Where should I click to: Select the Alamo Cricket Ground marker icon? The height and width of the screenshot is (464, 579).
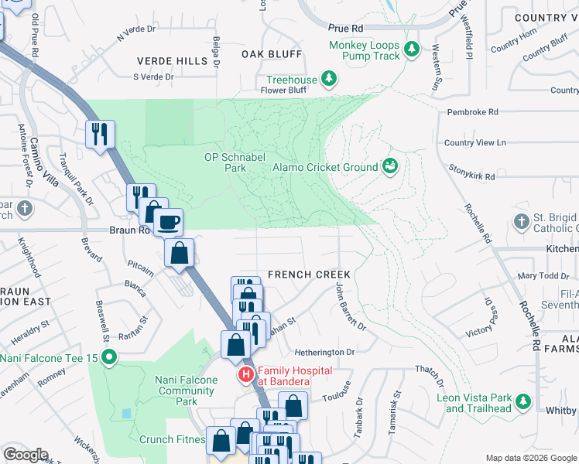point(391,166)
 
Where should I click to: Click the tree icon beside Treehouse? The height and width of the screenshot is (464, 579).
point(329,79)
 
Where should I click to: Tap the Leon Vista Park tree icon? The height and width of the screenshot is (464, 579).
point(523,401)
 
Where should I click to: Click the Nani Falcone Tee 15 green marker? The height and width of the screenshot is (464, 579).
point(110,357)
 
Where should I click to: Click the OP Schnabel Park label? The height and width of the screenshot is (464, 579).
point(224,162)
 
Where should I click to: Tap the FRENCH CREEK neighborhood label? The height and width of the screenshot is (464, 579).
point(309,275)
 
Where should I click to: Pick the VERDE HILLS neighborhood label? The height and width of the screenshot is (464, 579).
point(162,61)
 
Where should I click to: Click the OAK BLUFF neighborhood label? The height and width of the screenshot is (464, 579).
point(271,54)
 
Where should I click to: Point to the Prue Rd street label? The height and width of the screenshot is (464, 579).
point(345,27)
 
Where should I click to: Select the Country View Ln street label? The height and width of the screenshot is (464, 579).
point(475,143)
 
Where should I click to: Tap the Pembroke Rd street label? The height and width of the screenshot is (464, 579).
point(473,112)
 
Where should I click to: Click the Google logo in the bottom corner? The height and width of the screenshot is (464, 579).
point(26,455)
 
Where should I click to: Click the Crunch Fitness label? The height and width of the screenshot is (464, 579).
point(172,439)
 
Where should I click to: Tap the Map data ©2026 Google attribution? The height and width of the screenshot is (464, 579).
point(531,458)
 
